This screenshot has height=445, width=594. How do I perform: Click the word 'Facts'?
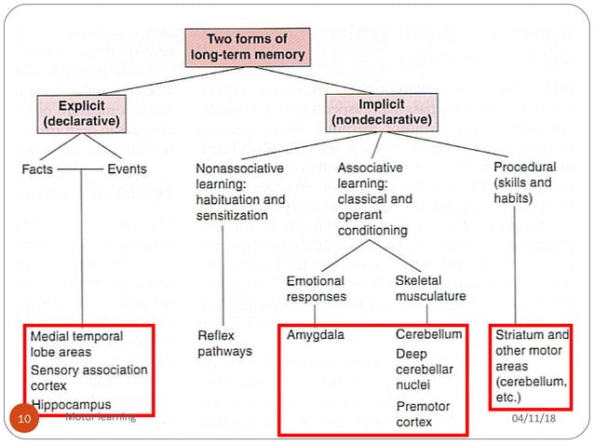[39, 169]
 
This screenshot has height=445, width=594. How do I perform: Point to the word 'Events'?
[127, 169]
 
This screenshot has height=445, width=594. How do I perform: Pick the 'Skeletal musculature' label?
[430, 289]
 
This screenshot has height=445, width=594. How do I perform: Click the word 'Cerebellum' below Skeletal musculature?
[428, 334]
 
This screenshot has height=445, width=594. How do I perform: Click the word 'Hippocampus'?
[71, 404]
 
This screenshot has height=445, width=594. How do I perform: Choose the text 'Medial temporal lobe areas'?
[75, 344]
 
